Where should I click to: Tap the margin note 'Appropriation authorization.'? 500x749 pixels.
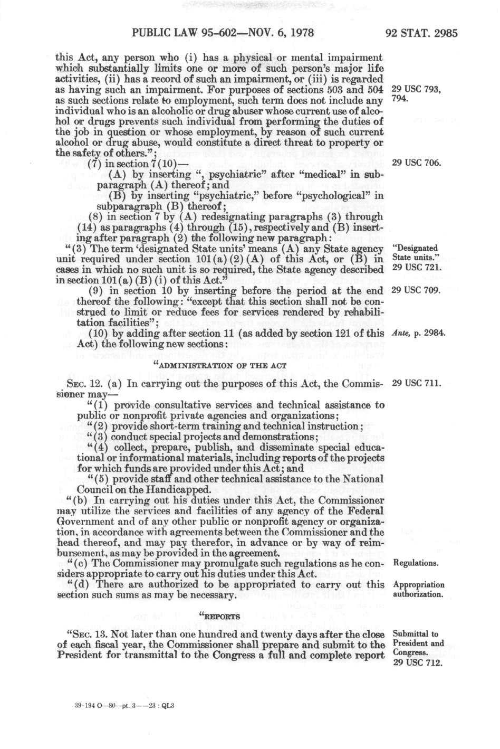pos(419,590)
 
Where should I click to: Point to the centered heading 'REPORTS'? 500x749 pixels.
pos(220,616)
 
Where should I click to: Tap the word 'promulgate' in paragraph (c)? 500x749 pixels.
pos(200,563)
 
